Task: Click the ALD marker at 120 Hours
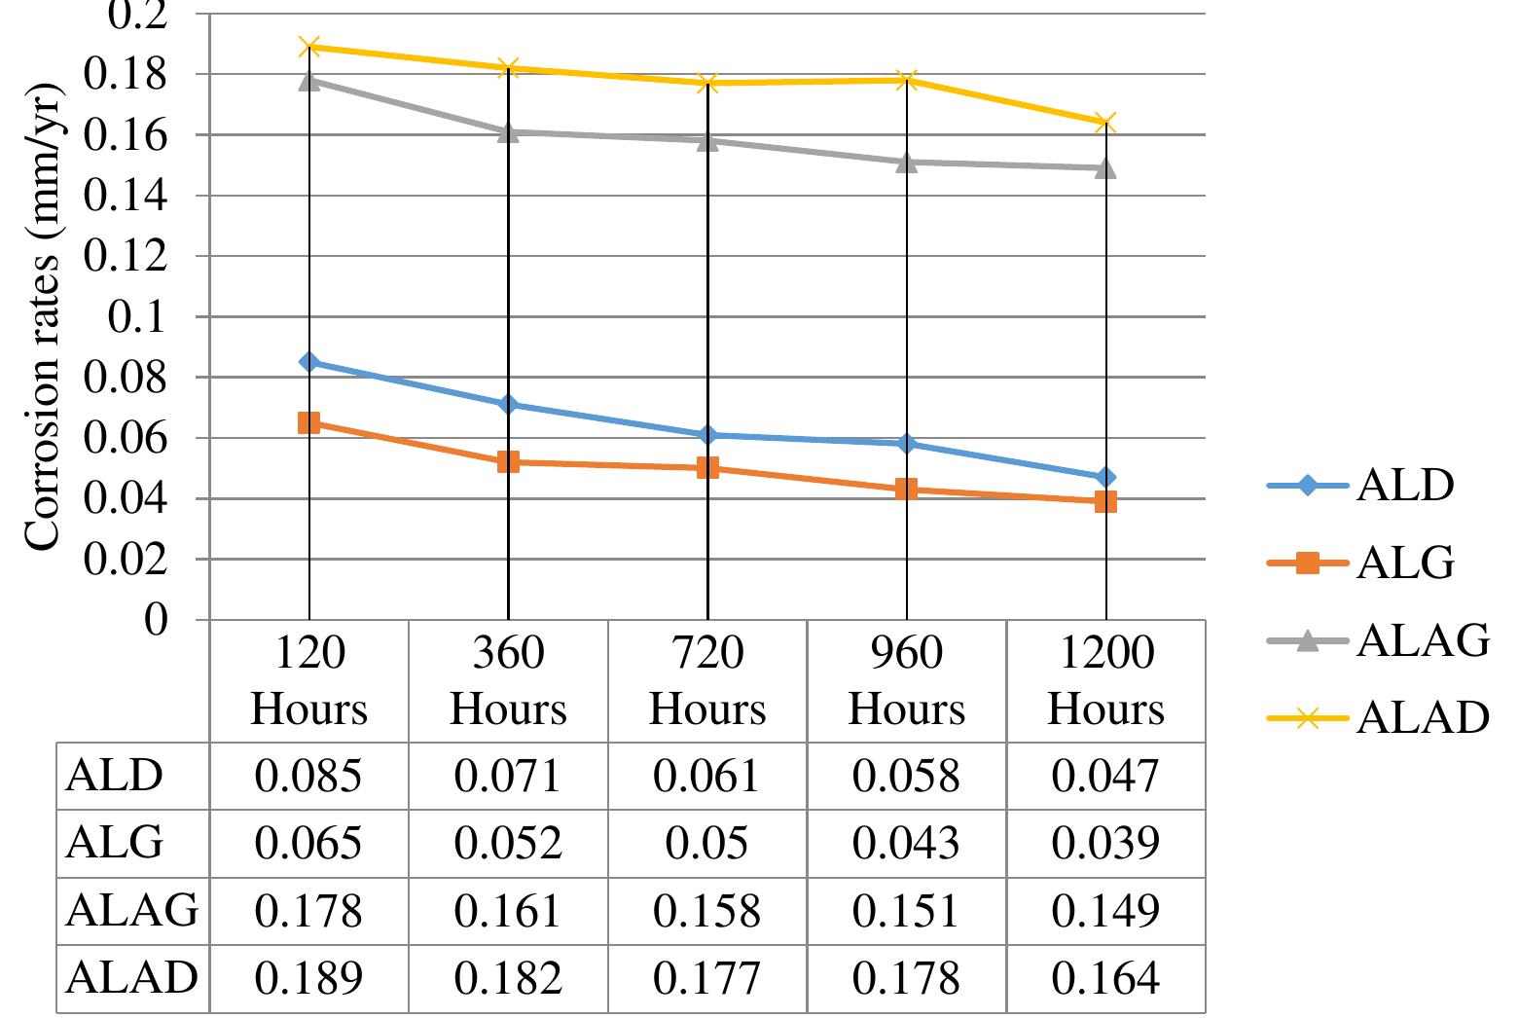tap(309, 362)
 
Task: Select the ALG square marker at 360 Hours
tap(508, 461)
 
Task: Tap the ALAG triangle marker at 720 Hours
tap(707, 140)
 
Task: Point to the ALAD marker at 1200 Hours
tap(1104, 123)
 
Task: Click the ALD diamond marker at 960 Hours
tap(906, 444)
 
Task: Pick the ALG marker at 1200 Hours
tap(1104, 502)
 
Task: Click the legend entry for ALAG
tap(1421, 641)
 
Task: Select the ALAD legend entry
tap(1421, 718)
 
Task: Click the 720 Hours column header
tap(707, 680)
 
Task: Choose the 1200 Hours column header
tap(1104, 680)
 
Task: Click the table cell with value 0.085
tap(308, 777)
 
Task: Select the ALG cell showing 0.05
tap(707, 843)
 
